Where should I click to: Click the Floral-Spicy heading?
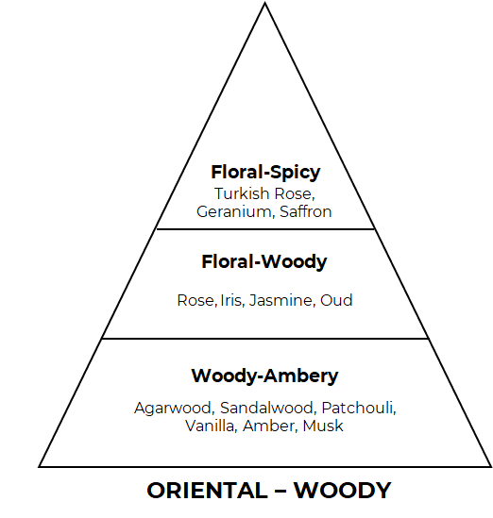click(x=265, y=173)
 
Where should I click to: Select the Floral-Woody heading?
click(x=264, y=262)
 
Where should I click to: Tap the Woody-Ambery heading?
click(x=264, y=376)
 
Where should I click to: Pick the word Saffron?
click(x=305, y=211)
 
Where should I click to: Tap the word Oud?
click(x=336, y=300)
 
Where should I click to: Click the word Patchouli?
click(x=359, y=408)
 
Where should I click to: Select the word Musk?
click(x=323, y=426)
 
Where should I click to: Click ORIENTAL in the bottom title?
click(x=208, y=491)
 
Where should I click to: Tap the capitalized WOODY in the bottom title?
click(x=343, y=491)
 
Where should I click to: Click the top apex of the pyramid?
click(x=264, y=3)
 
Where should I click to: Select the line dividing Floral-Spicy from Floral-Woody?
click(x=265, y=228)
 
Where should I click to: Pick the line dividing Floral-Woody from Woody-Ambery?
click(x=265, y=339)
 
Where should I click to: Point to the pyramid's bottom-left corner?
click(x=39, y=466)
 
